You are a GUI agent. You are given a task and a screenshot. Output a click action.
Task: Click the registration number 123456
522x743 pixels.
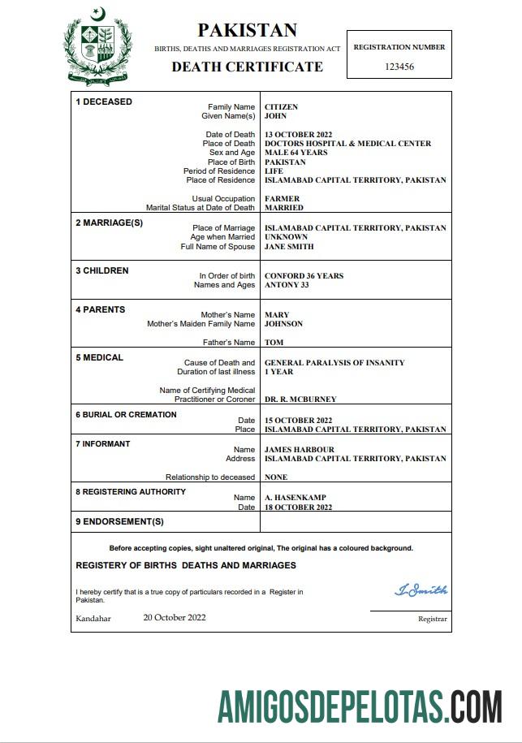399,67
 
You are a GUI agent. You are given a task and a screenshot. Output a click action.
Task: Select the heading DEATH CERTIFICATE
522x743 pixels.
247,67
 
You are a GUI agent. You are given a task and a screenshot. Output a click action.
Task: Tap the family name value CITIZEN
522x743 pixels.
281,107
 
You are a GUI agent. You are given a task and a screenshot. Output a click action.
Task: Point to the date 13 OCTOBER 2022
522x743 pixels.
299,135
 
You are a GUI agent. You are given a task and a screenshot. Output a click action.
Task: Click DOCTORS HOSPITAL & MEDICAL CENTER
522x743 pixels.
347,144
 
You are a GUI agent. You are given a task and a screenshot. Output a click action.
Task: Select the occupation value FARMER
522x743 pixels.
282,199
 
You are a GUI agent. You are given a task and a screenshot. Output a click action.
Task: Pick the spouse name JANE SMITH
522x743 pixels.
289,247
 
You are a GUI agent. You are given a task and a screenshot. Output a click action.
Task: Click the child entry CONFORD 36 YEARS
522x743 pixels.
304,276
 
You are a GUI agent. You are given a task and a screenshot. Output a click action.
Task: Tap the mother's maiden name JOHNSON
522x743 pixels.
283,324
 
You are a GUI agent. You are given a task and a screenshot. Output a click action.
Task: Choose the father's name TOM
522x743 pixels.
274,343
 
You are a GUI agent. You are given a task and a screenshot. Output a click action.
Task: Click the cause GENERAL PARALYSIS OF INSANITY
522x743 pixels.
334,363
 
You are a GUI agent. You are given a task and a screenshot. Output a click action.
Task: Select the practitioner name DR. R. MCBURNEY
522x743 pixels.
300,400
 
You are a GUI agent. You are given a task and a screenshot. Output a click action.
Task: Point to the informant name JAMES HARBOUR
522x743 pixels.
300,450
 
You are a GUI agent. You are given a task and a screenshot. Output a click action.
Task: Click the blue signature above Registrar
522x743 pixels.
421,590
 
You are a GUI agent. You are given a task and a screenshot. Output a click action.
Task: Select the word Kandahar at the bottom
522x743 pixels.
93,618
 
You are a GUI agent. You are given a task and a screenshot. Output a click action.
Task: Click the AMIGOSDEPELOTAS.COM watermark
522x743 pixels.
359,706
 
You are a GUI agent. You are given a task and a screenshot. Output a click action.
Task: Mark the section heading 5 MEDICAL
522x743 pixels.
99,357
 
